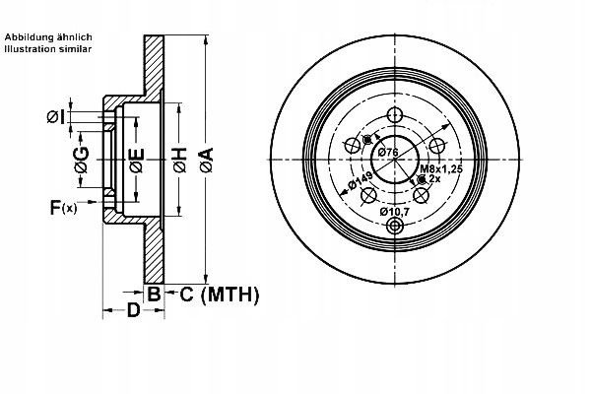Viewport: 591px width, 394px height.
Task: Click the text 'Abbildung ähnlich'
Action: [48, 36]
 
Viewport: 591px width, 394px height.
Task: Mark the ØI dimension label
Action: [55, 118]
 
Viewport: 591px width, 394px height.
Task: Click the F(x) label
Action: [62, 207]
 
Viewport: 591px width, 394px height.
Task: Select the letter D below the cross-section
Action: [132, 313]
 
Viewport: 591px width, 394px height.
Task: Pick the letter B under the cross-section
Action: [153, 294]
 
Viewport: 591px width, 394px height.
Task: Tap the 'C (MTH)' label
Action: [219, 294]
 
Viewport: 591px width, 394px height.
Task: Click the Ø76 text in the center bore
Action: [387, 153]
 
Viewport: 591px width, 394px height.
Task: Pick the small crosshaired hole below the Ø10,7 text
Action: [396, 227]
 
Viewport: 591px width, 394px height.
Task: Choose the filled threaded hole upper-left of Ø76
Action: [369, 138]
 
